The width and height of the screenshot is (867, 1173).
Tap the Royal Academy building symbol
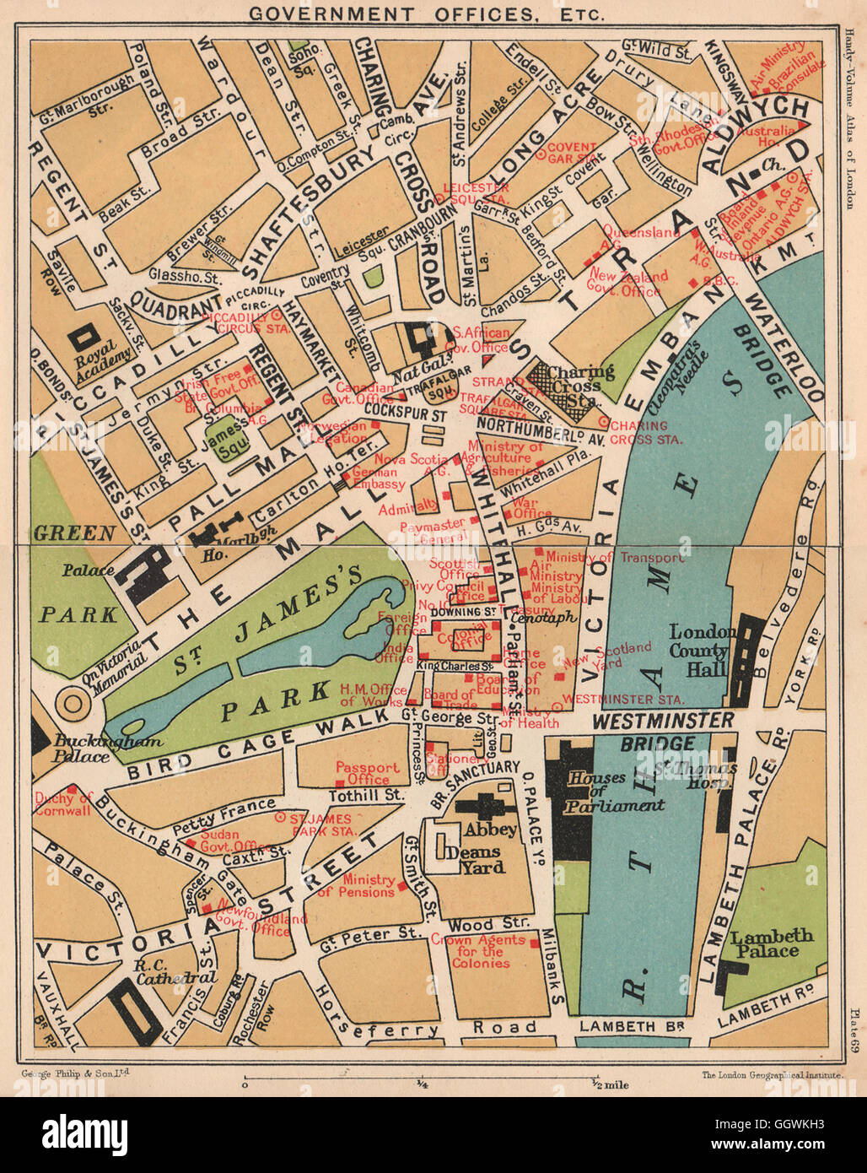(x=84, y=338)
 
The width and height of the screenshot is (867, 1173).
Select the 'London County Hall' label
(x=699, y=651)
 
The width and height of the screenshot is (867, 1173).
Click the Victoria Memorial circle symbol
(x=73, y=702)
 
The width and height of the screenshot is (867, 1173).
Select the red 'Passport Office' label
(x=368, y=773)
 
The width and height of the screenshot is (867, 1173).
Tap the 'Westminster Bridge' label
(x=663, y=731)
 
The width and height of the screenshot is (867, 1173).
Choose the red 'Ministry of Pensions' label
(x=356, y=884)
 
